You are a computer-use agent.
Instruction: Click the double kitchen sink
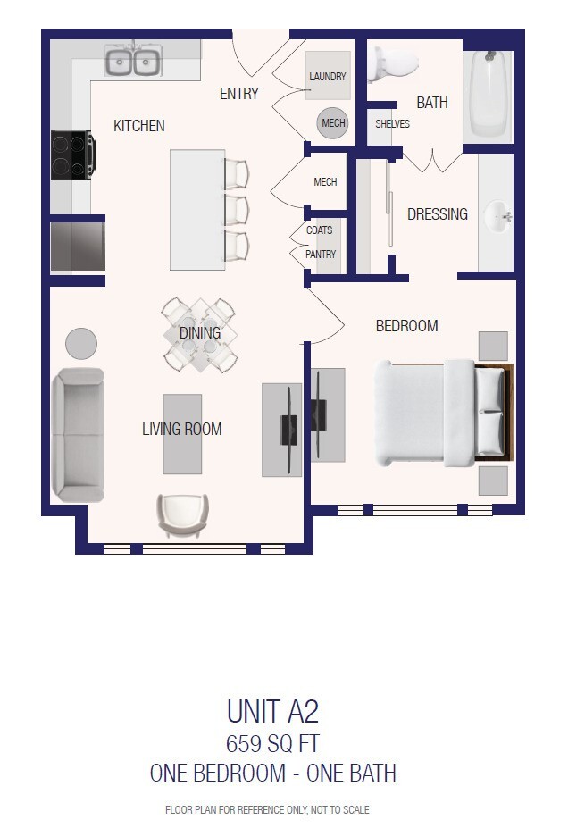(x=132, y=62)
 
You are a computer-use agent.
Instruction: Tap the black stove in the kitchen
(x=71, y=155)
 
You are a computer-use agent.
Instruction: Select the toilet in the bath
(x=394, y=63)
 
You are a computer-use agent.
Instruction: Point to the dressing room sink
(x=497, y=215)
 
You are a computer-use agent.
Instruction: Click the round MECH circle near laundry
(x=333, y=123)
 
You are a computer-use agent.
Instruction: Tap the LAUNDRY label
(x=328, y=77)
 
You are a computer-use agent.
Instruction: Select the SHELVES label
(x=392, y=124)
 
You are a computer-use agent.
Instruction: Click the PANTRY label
(x=321, y=255)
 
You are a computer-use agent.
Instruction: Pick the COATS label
(x=319, y=230)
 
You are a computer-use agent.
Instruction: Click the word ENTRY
(x=238, y=94)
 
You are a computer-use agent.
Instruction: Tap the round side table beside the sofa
(x=81, y=343)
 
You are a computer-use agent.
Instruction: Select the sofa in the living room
(x=78, y=434)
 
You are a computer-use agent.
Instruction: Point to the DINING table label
(x=200, y=334)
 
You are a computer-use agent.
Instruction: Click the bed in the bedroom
(x=429, y=412)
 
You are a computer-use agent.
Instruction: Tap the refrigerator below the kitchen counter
(x=77, y=246)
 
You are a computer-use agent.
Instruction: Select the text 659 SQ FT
(x=272, y=743)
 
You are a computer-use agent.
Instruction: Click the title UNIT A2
(x=272, y=712)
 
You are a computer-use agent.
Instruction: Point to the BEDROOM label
(x=406, y=326)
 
